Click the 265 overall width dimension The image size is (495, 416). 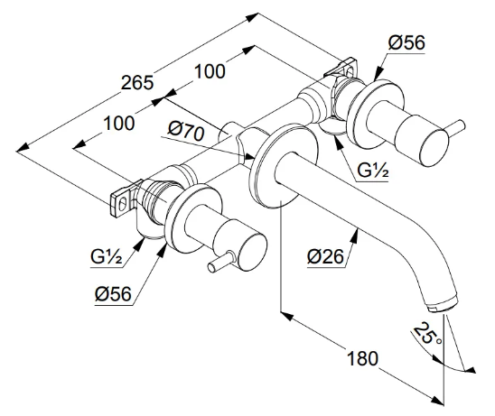[x=137, y=83]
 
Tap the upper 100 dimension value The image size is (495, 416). [x=210, y=71]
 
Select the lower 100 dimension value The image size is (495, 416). [x=119, y=124]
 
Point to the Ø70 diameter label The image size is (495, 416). [x=186, y=131]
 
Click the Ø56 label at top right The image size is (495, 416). [x=406, y=42]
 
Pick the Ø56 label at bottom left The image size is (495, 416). [x=113, y=294]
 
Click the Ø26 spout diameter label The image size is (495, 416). [x=325, y=257]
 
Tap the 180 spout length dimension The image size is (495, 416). [x=362, y=358]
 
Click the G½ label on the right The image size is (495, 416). [x=372, y=171]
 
